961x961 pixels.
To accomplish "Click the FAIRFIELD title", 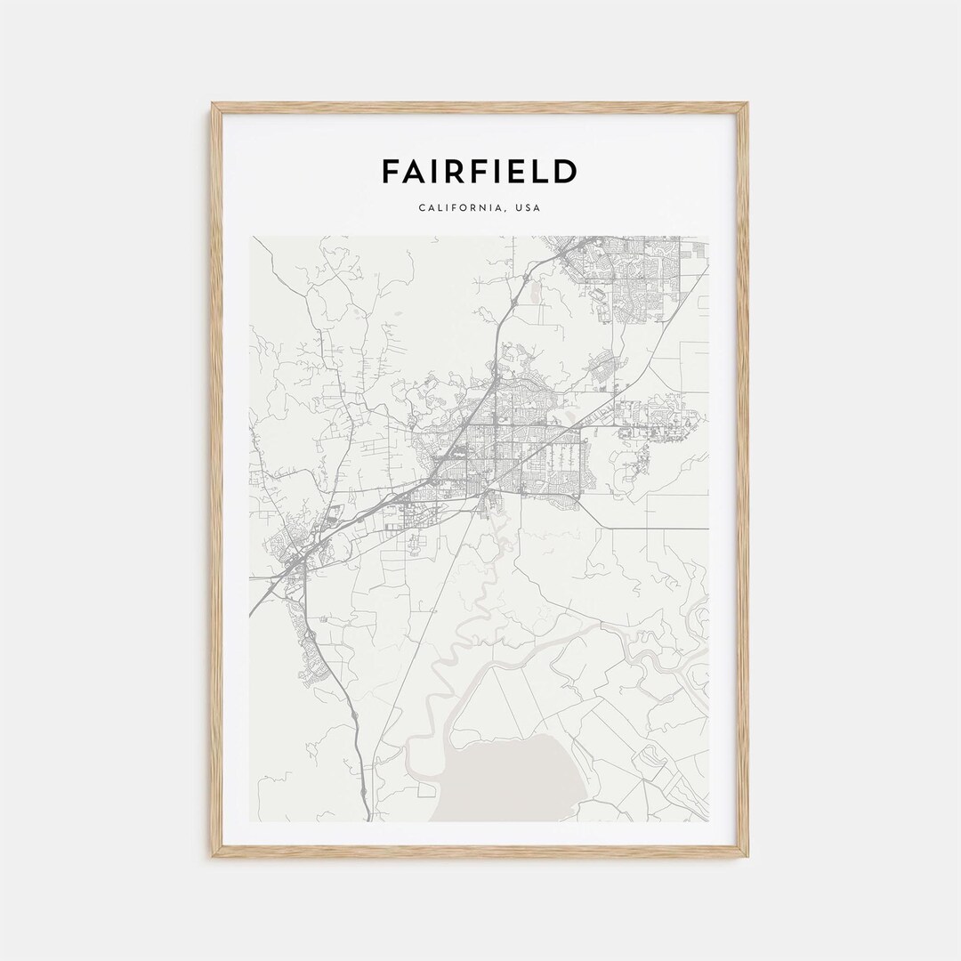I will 480,171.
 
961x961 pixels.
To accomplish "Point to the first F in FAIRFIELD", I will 390,171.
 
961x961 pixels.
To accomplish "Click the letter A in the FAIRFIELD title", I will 415,171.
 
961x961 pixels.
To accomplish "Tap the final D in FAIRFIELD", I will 565,171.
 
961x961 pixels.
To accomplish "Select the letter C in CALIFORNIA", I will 421,208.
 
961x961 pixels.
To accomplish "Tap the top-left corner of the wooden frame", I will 214,106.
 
